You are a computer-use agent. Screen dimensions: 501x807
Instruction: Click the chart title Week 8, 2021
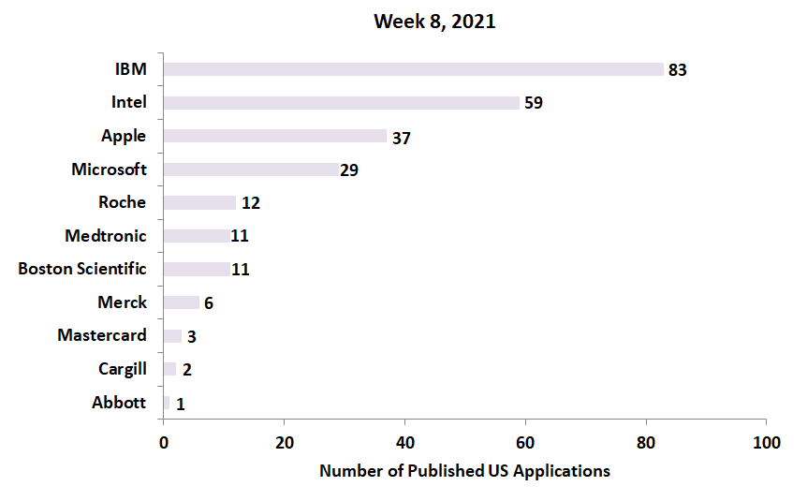coord(434,22)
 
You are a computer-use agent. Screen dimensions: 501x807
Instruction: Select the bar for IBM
coord(413,69)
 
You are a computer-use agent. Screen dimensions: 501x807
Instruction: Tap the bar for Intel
coord(341,103)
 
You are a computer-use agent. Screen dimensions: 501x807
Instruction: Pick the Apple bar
coord(274,136)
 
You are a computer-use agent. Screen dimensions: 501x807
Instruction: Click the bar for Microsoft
coord(250,169)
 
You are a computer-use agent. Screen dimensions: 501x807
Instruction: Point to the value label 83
coord(678,70)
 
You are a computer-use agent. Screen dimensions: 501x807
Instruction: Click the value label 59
coord(534,103)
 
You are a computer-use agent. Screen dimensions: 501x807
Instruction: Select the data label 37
coord(401,138)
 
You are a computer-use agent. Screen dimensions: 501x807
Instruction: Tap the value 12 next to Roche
coord(250,203)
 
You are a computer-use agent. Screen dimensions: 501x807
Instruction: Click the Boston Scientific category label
coord(82,269)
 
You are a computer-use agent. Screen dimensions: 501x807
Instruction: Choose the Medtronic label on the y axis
coord(106,236)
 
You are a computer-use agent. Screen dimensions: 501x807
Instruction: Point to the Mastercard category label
coord(102,335)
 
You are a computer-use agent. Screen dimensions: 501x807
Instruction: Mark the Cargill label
coord(122,369)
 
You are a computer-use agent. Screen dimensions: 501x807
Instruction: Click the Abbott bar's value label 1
coord(180,404)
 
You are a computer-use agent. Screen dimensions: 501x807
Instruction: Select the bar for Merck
coord(181,302)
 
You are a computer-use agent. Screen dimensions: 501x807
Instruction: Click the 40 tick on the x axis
coord(404,442)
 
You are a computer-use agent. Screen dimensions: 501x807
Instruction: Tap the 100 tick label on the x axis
coord(766,442)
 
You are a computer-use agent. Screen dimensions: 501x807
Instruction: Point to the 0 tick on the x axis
coord(164,442)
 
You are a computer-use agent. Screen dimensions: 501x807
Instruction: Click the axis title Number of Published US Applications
coord(464,471)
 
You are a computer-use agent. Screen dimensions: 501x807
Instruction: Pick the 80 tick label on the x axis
coord(645,442)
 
